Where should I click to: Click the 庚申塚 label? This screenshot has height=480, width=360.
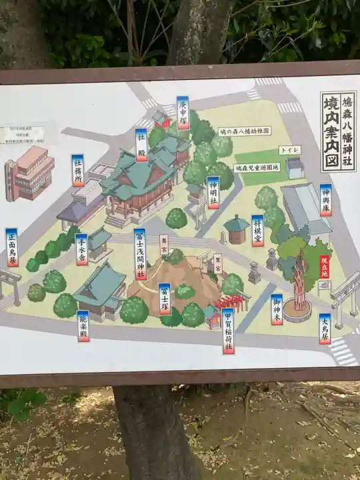(x=183, y=113)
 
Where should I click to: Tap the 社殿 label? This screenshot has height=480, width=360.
(x=141, y=145)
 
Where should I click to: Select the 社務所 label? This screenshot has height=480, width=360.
(x=78, y=170)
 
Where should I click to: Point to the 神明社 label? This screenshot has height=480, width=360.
(x=213, y=193)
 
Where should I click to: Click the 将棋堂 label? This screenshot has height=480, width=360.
(x=257, y=231)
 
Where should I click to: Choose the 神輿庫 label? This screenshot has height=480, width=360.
(x=325, y=200)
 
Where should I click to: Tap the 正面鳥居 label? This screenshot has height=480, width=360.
(x=11, y=247)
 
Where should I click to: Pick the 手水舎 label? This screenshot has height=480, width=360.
(x=81, y=249)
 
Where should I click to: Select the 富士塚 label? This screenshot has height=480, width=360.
(x=165, y=299)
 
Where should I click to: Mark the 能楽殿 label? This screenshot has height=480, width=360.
(x=83, y=326)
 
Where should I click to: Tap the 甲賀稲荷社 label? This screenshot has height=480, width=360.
(x=229, y=330)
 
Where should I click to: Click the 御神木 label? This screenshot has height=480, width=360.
(x=277, y=309)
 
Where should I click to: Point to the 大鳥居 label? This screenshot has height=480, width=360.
(x=325, y=329)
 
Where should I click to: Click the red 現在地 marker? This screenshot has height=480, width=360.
(x=325, y=267)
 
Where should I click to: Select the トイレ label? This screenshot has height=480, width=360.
(x=289, y=150)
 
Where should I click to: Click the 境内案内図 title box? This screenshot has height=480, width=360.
(x=338, y=132)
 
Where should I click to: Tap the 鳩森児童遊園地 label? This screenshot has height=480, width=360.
(x=257, y=167)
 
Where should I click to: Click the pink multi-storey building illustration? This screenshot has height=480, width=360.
(x=29, y=173)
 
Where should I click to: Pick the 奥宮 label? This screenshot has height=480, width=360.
(x=163, y=243)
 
